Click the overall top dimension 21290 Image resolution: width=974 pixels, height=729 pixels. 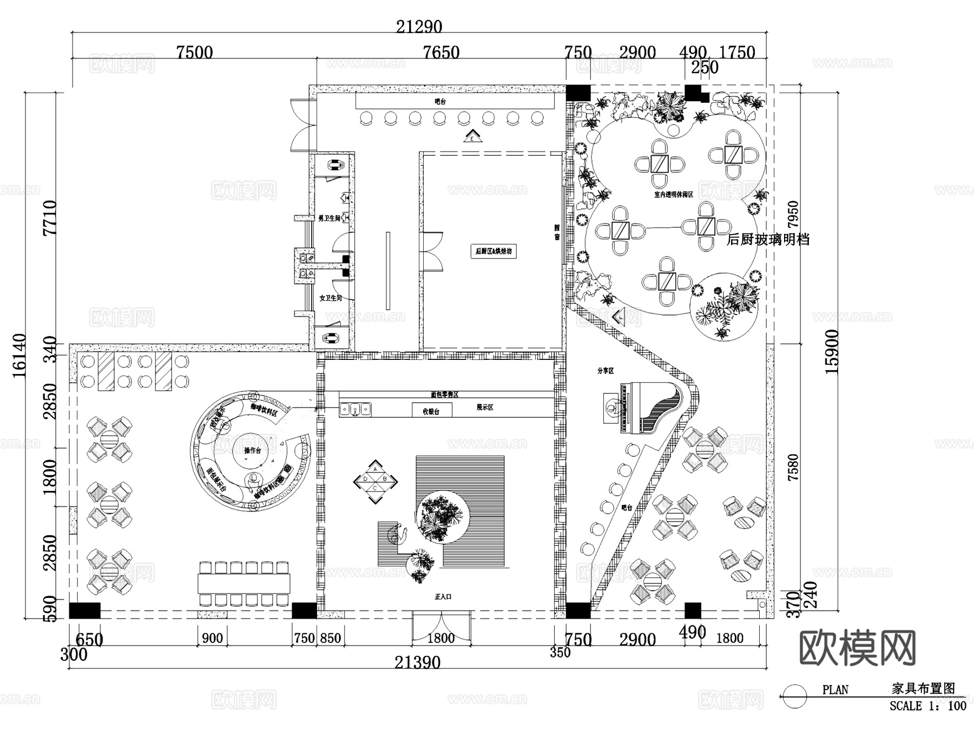tap(419, 27)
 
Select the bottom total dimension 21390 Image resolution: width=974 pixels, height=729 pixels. tap(417, 662)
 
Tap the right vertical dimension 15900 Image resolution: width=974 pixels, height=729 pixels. tap(832, 352)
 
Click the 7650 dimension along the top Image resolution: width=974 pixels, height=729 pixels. tap(441, 52)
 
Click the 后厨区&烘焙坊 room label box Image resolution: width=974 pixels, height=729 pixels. tap(493, 251)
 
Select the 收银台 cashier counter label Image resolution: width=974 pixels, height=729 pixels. tap(431, 411)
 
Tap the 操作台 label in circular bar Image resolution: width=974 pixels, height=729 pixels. tap(252, 450)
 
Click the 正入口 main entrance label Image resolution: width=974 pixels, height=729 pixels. tap(443, 596)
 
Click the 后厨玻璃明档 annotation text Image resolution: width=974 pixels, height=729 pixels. tap(768, 239)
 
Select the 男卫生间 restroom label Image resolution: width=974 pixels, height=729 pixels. tap(329, 218)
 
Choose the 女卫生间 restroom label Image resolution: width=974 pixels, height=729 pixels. tap(330, 298)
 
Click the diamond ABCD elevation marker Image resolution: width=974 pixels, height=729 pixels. tap(376, 482)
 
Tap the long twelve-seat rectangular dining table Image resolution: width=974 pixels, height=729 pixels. tap(243, 584)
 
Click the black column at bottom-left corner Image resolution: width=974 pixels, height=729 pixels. tap(85, 610)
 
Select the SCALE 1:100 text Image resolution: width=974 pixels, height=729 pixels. tap(927, 706)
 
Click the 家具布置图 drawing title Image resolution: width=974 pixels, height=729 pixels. tap(923, 688)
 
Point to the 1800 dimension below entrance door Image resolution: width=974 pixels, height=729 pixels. tap(440, 638)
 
